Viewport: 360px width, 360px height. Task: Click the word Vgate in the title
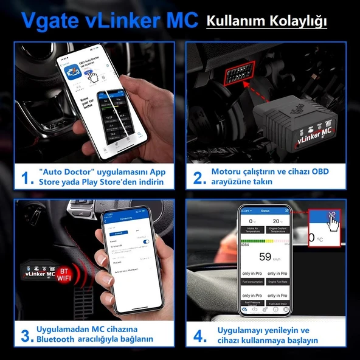pyautogui.click(x=49, y=19)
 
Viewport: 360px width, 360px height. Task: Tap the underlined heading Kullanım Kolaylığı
pyautogui.click(x=267, y=21)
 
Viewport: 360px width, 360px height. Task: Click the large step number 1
pyautogui.click(x=26, y=177)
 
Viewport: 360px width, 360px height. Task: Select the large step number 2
pyautogui.click(x=198, y=177)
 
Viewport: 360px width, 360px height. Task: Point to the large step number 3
pyautogui.click(x=26, y=335)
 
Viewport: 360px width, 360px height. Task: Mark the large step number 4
pyautogui.click(x=198, y=335)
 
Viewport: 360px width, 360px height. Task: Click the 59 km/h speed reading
pyautogui.click(x=265, y=257)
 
